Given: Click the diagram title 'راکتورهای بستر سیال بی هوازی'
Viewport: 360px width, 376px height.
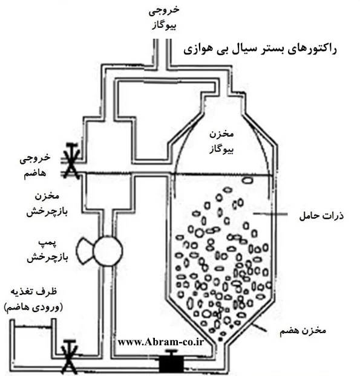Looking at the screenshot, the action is click(260, 50).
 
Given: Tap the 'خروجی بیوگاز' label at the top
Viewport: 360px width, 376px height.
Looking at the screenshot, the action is click(164, 18).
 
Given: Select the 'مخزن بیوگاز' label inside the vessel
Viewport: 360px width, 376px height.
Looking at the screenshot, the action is click(221, 141).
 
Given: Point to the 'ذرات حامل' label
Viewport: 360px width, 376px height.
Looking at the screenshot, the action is click(322, 216).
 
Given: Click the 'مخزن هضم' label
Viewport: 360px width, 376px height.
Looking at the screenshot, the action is click(303, 331).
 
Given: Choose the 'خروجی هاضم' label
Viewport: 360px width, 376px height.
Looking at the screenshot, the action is click(35, 165).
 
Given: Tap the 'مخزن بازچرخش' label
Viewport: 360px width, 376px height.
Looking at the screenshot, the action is click(47, 204).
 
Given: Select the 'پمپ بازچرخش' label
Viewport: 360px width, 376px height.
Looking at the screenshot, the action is click(47, 250).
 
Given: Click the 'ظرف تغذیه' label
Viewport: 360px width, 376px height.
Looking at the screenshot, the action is click(34, 291).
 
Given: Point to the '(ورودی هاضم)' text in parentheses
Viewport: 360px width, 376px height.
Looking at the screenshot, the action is click(33, 307).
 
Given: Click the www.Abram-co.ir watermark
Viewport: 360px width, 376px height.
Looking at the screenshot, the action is click(161, 342).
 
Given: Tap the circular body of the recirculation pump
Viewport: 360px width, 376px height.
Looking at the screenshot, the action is click(108, 251).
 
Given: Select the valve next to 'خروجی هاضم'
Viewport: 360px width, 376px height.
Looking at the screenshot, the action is click(71, 161).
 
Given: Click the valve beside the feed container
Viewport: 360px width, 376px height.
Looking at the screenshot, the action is click(70, 357).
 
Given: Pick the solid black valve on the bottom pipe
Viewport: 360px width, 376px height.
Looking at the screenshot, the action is click(171, 362).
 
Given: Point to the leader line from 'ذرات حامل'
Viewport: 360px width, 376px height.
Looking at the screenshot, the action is click(270, 214).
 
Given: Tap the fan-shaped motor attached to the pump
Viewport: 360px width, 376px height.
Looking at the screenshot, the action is click(85, 251).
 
